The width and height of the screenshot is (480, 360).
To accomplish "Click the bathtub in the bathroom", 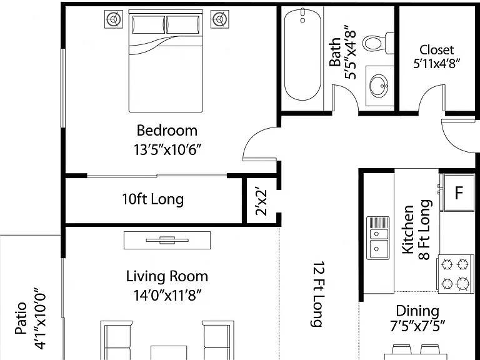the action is [302, 54].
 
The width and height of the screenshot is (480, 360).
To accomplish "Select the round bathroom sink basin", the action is [379, 86].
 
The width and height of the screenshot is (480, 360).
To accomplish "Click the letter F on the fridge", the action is [459, 193].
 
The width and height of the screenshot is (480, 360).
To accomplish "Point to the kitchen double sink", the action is [377, 238].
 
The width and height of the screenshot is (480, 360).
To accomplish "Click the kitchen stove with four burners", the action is [455, 274].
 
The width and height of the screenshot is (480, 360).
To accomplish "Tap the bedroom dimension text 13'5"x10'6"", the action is [167, 150].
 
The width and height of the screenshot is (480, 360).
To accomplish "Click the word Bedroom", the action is [167, 131].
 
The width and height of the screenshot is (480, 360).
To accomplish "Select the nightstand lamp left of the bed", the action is [114, 19].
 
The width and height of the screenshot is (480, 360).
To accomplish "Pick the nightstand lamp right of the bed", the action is [219, 19].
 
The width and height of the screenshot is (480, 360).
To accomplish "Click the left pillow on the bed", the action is [149, 24].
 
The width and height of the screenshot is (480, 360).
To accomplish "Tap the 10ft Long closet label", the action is [152, 199].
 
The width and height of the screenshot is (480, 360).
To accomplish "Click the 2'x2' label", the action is [262, 202].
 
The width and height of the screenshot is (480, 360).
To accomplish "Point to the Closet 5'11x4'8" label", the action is [436, 57].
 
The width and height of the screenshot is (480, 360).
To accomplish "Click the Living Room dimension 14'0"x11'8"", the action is [167, 296].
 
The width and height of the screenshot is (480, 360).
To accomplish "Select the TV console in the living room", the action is [167, 240].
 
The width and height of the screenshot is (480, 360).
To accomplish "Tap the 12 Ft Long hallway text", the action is [318, 294].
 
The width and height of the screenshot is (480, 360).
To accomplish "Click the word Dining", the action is [417, 311].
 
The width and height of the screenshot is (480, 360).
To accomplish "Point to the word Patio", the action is [21, 318].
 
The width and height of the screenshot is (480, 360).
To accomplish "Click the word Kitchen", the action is [407, 229].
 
